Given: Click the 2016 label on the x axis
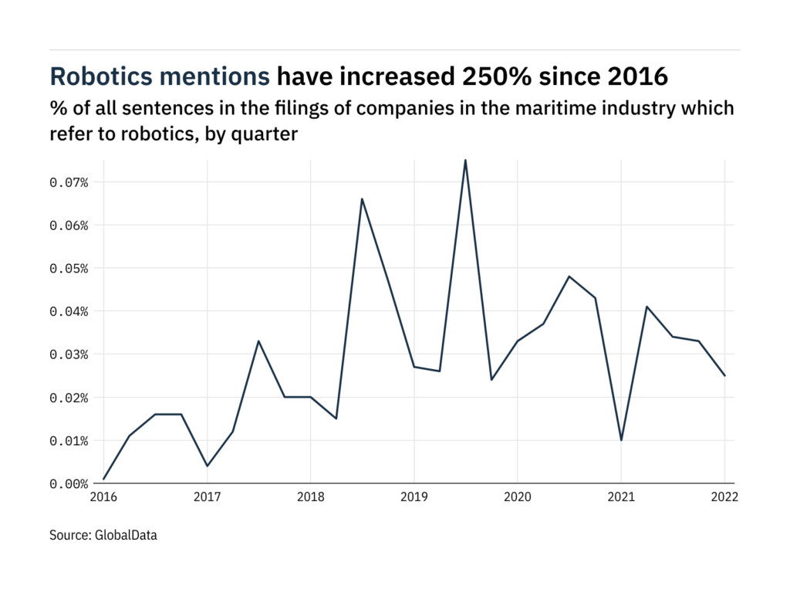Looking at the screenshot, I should click(x=103, y=498).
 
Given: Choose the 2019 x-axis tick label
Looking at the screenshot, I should click(x=414, y=498).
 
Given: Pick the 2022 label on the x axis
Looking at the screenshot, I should click(x=724, y=498).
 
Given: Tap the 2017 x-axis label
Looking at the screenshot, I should click(x=207, y=498).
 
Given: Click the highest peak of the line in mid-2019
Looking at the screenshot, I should click(x=465, y=160).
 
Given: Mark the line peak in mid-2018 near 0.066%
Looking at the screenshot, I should click(x=362, y=199).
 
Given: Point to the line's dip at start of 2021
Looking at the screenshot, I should click(x=620, y=440).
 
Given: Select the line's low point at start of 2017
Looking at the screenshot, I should click(x=207, y=466).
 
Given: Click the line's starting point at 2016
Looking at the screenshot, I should click(x=103, y=479).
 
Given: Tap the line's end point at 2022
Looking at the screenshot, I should click(x=724, y=375).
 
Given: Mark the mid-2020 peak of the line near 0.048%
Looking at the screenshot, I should click(x=569, y=276).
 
